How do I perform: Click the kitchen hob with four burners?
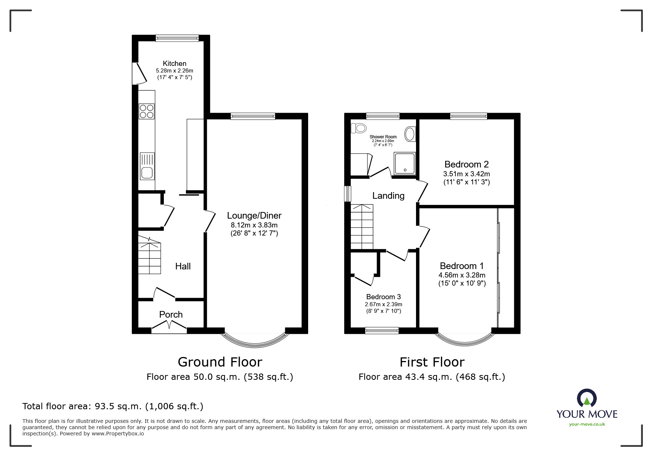pos(147,112)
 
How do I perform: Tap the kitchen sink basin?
pos(147,173)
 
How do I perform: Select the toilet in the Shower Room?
pos(360,128)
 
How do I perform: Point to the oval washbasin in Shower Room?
pos(410,134)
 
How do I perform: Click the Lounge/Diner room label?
pos(254,216)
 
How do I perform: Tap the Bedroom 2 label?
pos(466,165)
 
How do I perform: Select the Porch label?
pos(171,315)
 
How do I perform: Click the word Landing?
pos(388,196)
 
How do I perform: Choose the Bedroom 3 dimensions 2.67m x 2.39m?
pos(383,304)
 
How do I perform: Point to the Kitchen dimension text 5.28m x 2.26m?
pos(175,71)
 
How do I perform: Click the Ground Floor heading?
pos(220,362)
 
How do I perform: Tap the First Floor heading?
pos(432,362)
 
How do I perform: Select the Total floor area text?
pos(113,406)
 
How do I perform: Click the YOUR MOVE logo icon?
pos(586,399)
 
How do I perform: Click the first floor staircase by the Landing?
pos(362,227)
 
